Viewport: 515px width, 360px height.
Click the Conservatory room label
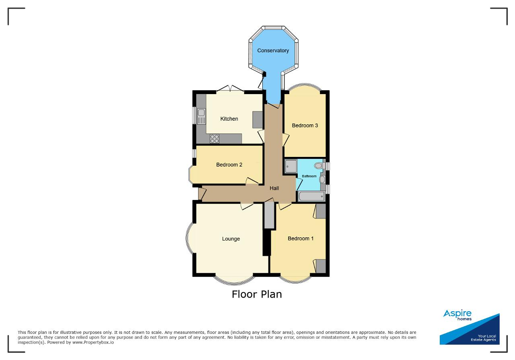pos(273,51)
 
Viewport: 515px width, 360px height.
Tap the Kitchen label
pos(229,119)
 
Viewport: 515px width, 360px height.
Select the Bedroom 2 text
pos(229,165)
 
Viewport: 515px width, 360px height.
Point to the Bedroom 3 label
pos(305,125)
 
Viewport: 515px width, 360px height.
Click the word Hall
pos(274,188)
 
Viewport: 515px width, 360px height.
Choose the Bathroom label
pos(309,176)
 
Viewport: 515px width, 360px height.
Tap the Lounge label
pos(231,239)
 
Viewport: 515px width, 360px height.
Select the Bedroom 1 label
pos(301,239)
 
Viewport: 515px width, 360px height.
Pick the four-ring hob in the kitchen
pos(214,139)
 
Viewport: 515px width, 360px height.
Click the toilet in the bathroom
pos(319,165)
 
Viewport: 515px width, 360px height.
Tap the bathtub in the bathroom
pos(311,196)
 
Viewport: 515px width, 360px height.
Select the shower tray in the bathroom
pos(290,166)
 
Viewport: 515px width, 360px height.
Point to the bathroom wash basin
pos(322,179)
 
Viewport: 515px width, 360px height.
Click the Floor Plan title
pos(257,294)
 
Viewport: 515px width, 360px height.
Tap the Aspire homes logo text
pos(457,315)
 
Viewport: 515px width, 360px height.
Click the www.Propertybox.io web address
pos(93,342)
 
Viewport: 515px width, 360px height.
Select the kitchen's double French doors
pos(231,89)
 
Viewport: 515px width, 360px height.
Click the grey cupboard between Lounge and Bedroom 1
pos(269,216)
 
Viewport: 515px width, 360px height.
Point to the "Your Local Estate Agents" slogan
pos(483,338)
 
